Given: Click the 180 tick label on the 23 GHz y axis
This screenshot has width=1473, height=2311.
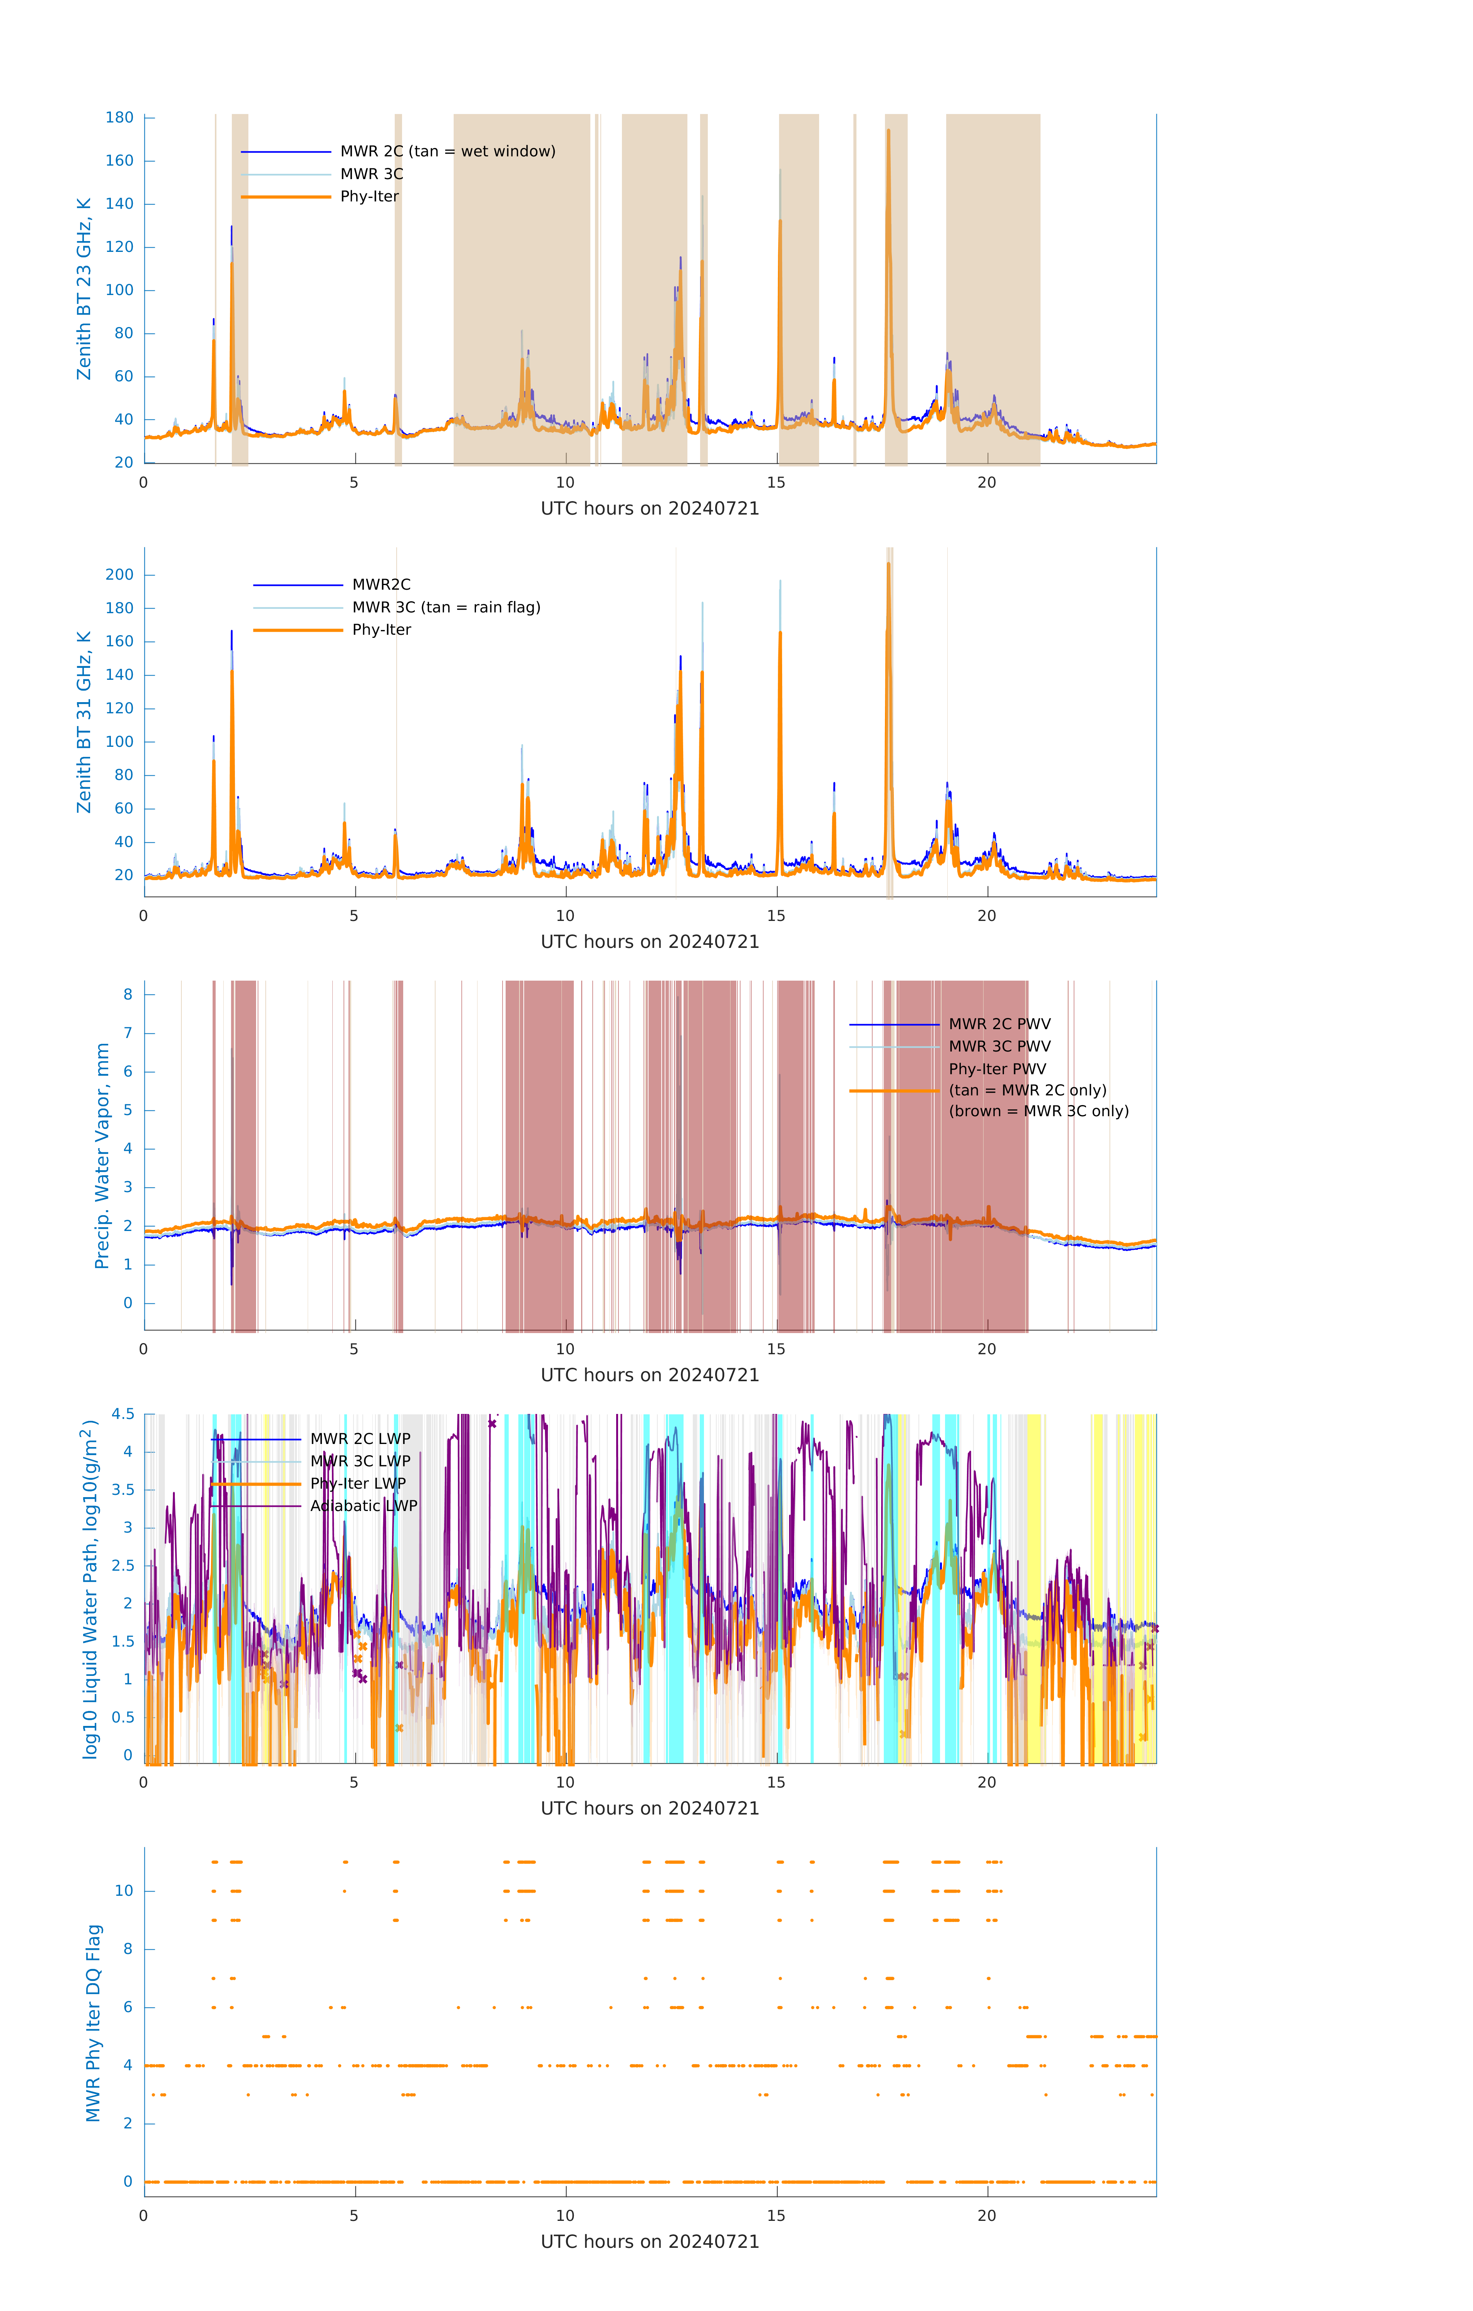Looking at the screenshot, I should click(120, 118).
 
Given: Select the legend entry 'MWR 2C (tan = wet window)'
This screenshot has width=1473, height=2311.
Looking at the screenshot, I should click(447, 152).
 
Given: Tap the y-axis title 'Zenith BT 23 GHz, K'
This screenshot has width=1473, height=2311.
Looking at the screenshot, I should click(84, 289).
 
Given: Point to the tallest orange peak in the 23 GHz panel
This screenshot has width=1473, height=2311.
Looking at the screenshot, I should click(888, 131).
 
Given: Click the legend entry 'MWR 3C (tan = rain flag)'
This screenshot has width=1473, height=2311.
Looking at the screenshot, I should click(446, 607).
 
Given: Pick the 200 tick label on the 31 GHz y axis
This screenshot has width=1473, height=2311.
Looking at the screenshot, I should click(120, 575).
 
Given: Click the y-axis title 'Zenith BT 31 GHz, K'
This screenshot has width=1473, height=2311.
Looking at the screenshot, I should click(84, 722).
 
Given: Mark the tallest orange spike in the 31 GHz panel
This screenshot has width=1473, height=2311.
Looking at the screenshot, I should click(888, 564).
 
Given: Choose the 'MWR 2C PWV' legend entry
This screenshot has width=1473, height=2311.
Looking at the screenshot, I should click(999, 1024).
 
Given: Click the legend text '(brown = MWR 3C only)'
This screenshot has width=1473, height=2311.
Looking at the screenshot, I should click(1038, 1111).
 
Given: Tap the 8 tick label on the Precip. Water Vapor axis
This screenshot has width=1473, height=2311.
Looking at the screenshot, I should click(127, 994).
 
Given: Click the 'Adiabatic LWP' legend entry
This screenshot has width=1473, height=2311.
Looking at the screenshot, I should click(364, 1506).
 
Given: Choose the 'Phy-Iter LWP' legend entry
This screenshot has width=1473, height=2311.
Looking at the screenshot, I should click(358, 1484).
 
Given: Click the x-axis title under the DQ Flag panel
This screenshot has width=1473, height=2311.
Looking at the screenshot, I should click(650, 2242).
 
